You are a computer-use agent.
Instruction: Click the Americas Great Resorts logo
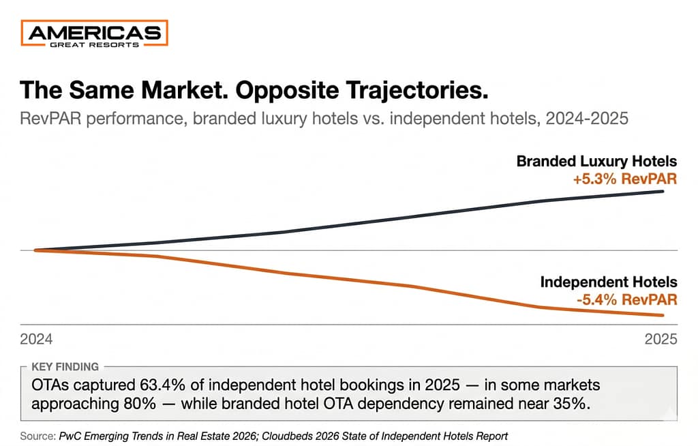pos(95,33)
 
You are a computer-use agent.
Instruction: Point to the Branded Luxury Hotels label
pos(596,162)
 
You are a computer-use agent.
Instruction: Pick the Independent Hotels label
pos(609,282)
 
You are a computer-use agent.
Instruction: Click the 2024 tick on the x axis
pos(36,339)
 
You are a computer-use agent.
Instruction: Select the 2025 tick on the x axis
pos(661,339)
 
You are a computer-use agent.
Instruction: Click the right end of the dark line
pos(663,192)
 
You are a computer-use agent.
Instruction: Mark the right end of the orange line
pos(663,315)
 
